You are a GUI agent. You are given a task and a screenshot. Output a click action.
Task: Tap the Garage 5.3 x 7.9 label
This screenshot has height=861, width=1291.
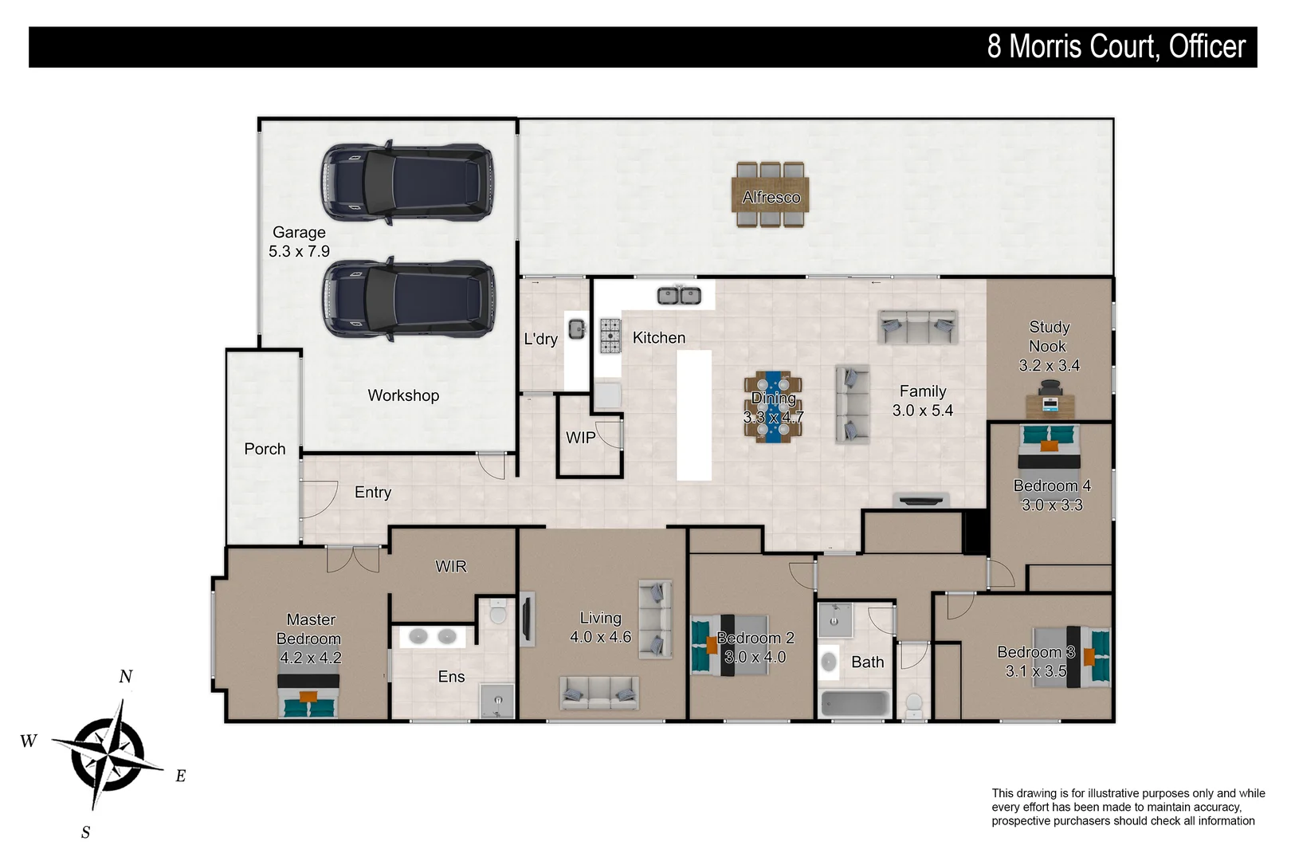coord(299,242)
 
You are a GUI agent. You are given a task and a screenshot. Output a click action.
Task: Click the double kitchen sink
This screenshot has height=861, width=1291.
coord(679,296)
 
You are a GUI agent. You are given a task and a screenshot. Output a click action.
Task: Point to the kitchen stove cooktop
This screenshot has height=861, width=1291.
coord(610,336)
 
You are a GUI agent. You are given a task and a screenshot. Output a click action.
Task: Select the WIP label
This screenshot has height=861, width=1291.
coord(580,438)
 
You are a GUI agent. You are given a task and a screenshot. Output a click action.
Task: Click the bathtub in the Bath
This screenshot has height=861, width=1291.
coord(854,704)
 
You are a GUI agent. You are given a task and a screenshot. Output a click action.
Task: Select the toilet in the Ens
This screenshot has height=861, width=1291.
coord(498,615)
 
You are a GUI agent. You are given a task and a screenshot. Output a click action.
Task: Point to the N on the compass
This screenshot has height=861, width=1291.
coord(125,677)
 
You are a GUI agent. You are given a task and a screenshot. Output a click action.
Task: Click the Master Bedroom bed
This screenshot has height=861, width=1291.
coord(308,696)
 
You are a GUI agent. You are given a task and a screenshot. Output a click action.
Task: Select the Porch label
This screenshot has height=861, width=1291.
coord(265,449)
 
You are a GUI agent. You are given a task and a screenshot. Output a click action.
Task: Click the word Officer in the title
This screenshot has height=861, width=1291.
coord(1207,47)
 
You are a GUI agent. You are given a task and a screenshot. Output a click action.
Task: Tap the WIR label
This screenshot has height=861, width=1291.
coord(450,567)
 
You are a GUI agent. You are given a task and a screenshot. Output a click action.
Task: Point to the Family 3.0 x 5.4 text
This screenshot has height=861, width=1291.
coord(922,401)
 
